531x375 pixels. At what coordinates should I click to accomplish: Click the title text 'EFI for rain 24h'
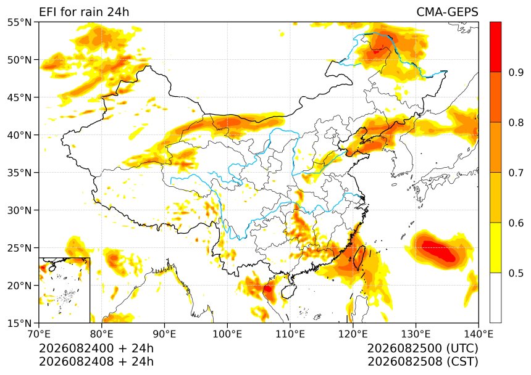tap(84, 12)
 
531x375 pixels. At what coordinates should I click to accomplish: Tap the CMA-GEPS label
tap(447, 12)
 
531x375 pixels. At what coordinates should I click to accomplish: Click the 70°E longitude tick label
tap(39, 334)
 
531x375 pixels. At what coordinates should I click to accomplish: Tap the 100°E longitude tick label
tap(227, 334)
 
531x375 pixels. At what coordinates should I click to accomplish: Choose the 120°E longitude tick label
tap(353, 334)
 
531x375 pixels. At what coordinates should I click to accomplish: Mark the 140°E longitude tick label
tap(479, 334)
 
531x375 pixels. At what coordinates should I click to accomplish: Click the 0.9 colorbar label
tap(516, 72)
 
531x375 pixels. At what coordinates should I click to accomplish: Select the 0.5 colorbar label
tap(516, 273)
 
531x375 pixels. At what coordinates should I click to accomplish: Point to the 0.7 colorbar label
tap(516, 173)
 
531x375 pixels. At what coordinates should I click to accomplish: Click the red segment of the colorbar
tap(495, 47)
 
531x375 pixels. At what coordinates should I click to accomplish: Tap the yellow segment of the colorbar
tap(495, 247)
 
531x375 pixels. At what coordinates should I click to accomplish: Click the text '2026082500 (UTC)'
tap(422, 348)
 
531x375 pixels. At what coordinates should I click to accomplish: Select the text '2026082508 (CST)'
tap(422, 361)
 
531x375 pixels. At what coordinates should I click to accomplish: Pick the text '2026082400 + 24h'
tap(96, 348)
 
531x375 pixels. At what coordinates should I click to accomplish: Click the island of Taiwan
tap(359, 258)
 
